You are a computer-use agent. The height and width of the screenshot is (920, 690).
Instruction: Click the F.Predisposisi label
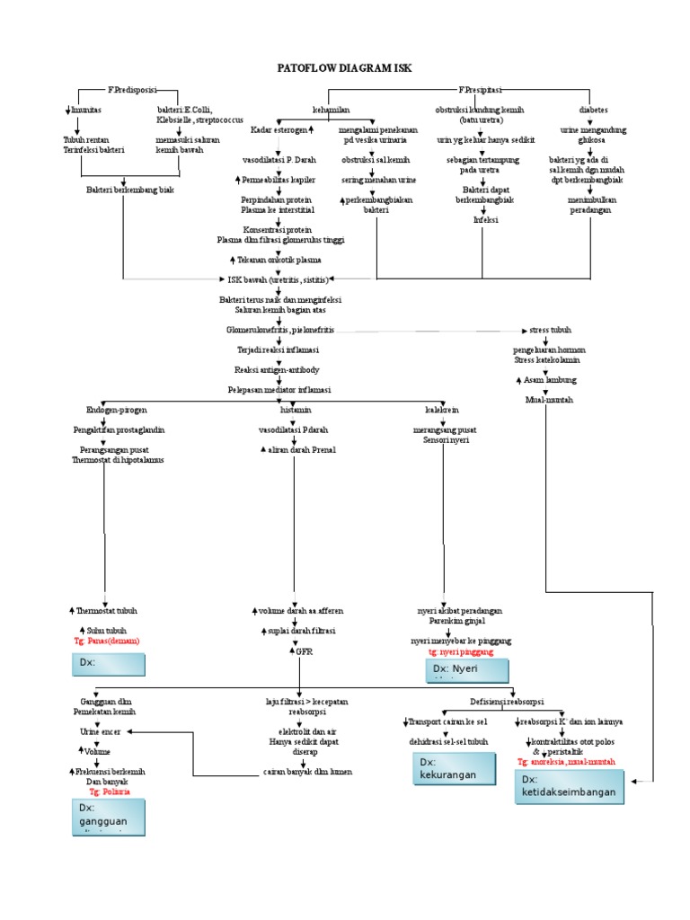[132, 91]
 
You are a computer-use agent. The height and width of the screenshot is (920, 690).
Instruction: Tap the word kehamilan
[331, 110]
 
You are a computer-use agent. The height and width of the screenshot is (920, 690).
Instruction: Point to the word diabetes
[593, 110]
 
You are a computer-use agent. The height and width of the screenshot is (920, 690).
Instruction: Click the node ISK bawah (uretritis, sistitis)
[279, 279]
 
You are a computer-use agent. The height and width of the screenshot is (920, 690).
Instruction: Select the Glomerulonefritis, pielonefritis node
[280, 331]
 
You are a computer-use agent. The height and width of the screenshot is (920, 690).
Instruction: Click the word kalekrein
[442, 411]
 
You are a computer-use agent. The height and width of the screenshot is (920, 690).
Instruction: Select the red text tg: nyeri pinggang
[462, 652]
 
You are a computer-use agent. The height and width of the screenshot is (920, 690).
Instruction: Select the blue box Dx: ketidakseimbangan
[572, 786]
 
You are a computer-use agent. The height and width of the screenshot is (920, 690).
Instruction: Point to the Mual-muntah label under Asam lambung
[549, 400]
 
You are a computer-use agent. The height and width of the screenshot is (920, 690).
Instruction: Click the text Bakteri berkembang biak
[130, 190]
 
